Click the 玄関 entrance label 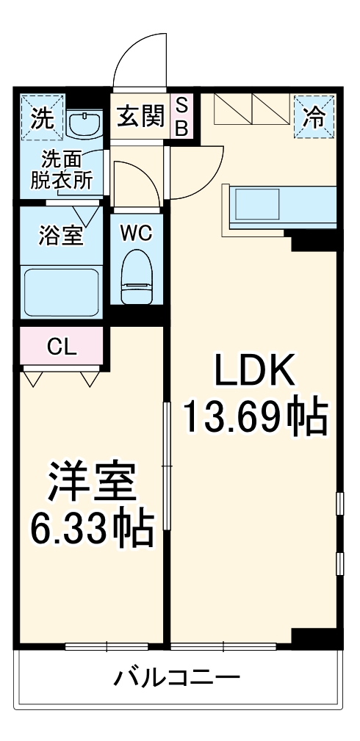(140, 117)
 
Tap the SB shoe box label (181, 116)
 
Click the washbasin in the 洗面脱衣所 (87, 123)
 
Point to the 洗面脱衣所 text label (61, 170)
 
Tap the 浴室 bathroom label (60, 237)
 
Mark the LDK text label (254, 372)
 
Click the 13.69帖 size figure (254, 416)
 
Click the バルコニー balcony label (176, 676)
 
